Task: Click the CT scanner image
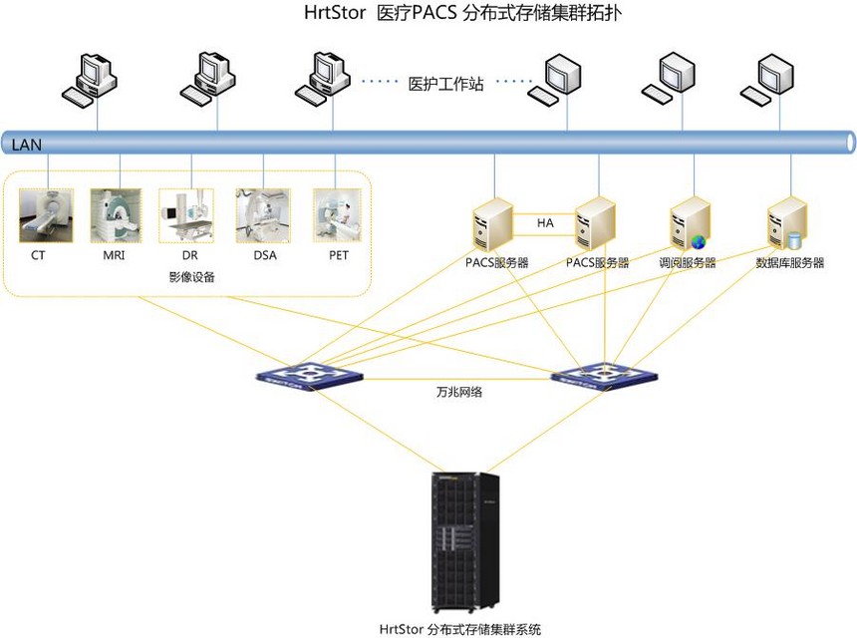[x=46, y=215]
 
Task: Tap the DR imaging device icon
[x=185, y=215]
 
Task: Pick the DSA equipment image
[x=263, y=215]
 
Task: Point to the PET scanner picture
[x=337, y=215]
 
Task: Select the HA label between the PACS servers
[x=545, y=223]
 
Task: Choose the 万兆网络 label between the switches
[x=458, y=393]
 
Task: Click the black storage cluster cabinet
[x=464, y=541]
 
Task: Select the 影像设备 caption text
[x=191, y=277]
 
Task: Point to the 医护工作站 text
[x=445, y=85]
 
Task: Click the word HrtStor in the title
[x=335, y=15]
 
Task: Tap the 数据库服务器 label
[x=789, y=263]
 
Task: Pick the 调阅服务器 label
[x=688, y=263]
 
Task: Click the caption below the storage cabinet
[x=460, y=629]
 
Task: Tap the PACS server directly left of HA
[x=493, y=225]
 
